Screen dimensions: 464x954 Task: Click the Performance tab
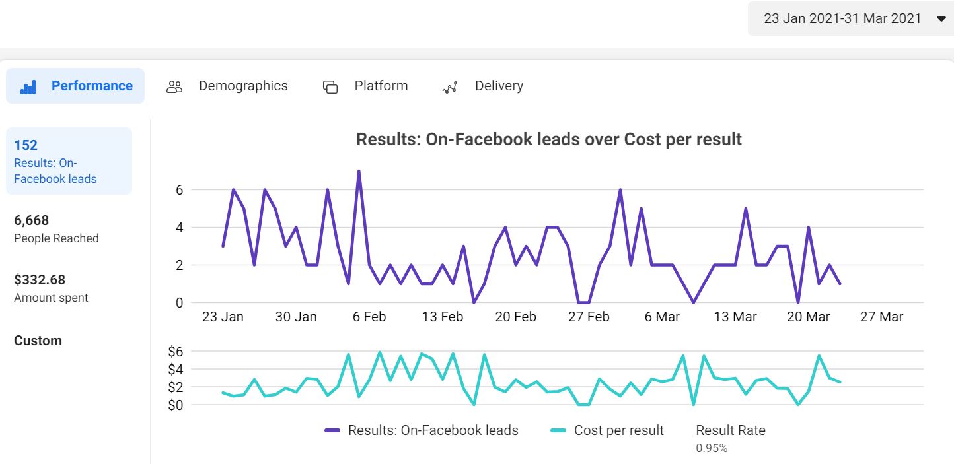point(75,86)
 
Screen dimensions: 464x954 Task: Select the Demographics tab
point(227,86)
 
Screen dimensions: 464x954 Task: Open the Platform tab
point(365,86)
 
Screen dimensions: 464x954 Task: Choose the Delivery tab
point(483,86)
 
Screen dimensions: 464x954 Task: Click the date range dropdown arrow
point(941,19)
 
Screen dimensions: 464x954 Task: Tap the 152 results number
point(26,145)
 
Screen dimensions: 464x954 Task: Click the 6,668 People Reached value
point(32,220)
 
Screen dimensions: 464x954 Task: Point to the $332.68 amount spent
point(40,280)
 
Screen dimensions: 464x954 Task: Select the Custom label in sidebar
point(38,341)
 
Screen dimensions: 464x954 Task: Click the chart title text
point(548,139)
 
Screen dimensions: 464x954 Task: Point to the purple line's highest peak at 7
point(359,172)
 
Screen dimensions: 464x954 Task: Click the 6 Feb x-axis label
point(369,317)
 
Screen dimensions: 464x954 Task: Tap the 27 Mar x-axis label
point(881,317)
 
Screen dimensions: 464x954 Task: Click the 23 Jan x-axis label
point(223,317)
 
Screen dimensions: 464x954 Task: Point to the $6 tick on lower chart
point(175,351)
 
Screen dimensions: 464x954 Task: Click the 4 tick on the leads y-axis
point(178,228)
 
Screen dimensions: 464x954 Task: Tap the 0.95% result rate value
point(712,448)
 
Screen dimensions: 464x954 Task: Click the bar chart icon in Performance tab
point(28,87)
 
